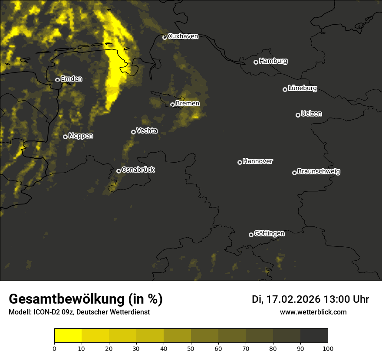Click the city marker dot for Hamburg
click(x=256, y=62)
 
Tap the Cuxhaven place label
click(x=183, y=36)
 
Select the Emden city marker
click(x=57, y=80)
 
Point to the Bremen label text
click(x=188, y=104)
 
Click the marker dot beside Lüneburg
click(x=285, y=89)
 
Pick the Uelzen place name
click(x=311, y=114)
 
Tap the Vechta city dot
click(x=133, y=132)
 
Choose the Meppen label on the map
click(x=81, y=136)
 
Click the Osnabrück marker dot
click(x=119, y=171)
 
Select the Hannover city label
click(x=258, y=161)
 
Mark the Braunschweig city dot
click(x=294, y=173)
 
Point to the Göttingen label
click(x=269, y=234)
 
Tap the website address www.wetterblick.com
click(x=313, y=312)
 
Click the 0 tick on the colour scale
click(x=54, y=348)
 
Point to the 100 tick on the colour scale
click(x=328, y=348)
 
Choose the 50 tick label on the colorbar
click(x=191, y=348)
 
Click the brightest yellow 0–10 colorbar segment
click(x=68, y=336)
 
